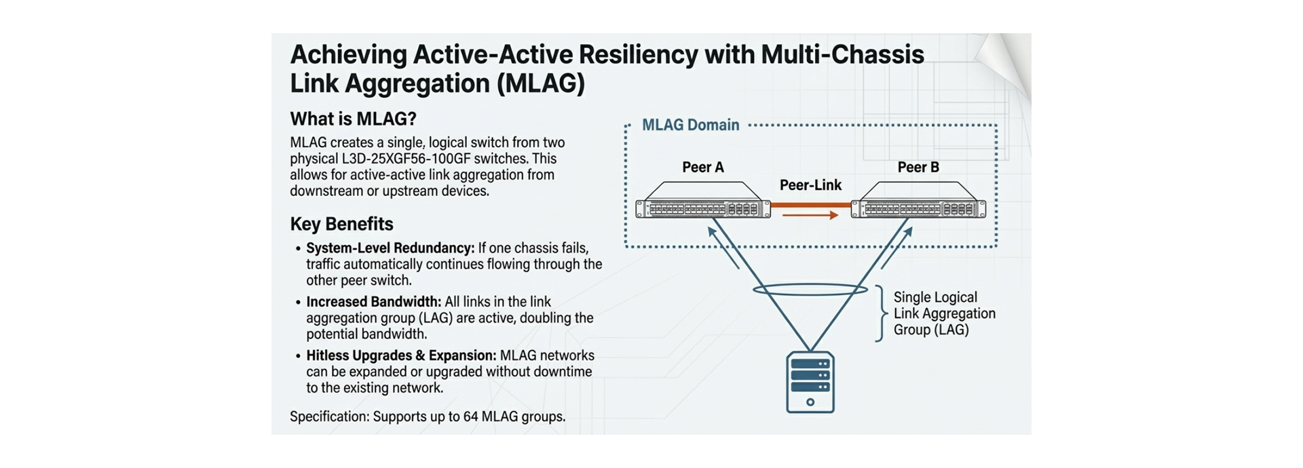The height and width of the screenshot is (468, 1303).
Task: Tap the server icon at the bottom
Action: click(x=810, y=382)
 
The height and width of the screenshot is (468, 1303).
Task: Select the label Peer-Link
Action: click(x=810, y=185)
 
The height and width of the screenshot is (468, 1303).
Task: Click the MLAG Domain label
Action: click(x=690, y=125)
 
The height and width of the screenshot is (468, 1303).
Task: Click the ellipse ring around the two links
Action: click(x=810, y=290)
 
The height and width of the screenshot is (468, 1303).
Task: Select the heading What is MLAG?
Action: click(x=353, y=119)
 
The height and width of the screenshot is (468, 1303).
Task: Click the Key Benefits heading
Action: click(x=341, y=224)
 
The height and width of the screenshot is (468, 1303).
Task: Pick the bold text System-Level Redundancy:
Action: click(x=390, y=248)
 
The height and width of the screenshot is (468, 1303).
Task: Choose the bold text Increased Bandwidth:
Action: click(x=373, y=302)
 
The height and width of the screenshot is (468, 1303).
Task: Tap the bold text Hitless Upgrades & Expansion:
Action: click(x=401, y=355)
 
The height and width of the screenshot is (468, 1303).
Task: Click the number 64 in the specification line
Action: click(x=470, y=416)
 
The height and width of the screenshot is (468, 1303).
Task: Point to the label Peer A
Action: click(x=703, y=168)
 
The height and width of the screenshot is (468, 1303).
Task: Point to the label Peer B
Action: click(x=918, y=168)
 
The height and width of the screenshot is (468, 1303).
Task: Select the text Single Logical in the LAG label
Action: click(x=935, y=297)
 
